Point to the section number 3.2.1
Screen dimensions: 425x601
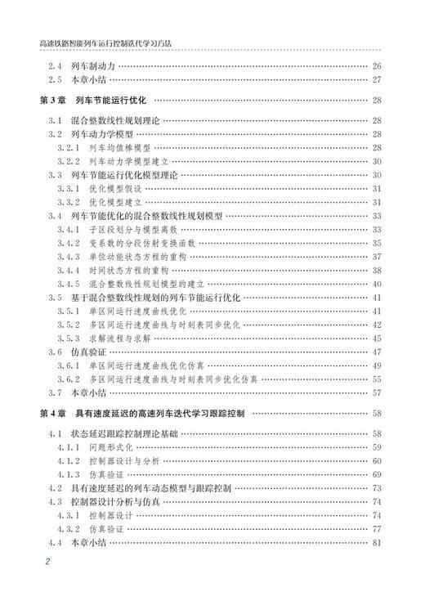[67, 147]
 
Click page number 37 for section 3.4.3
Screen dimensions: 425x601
[377, 257]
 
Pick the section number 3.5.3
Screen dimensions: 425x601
[67, 339]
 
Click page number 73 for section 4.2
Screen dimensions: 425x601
[377, 488]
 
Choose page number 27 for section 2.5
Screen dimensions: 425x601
[377, 79]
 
